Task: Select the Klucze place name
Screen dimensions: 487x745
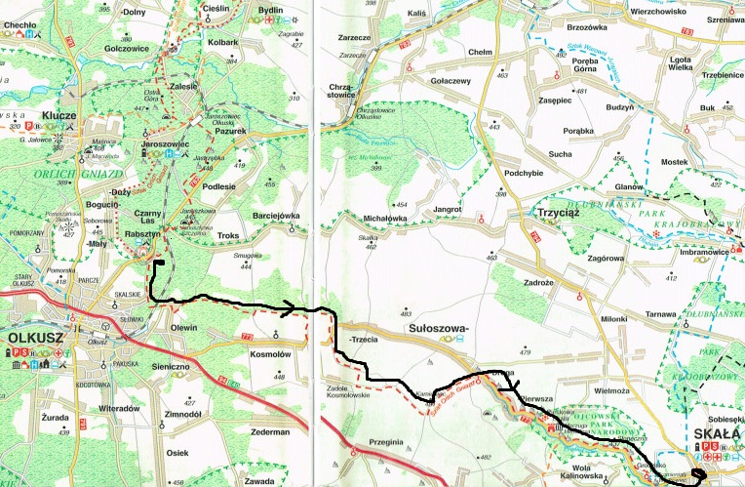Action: [60, 115]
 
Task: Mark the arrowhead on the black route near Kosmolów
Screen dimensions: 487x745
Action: [289, 309]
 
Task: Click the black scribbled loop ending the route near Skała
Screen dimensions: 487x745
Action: [698, 477]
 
